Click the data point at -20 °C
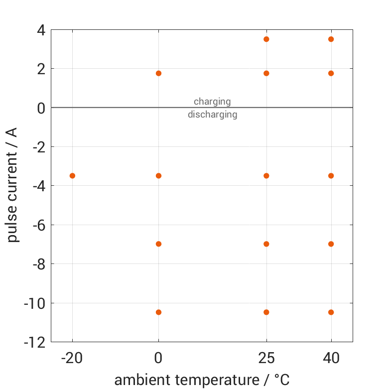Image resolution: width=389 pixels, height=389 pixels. [x=72, y=176]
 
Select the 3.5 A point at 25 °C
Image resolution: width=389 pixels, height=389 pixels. [x=266, y=39]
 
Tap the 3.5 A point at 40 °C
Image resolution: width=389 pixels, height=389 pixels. [x=331, y=39]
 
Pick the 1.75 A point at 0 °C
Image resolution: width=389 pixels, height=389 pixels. [x=158, y=73]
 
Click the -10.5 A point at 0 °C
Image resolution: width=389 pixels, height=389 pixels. [x=158, y=312]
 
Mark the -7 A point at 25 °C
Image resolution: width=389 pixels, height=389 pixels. [x=266, y=244]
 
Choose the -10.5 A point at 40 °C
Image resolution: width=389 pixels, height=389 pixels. [x=331, y=312]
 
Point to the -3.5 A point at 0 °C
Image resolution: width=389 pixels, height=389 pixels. [x=158, y=176]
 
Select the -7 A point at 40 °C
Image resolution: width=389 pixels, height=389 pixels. [x=331, y=244]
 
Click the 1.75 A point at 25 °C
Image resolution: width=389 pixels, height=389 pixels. [x=266, y=73]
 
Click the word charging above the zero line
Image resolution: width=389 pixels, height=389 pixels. [x=212, y=102]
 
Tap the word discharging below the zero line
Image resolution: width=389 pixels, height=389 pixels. [x=212, y=115]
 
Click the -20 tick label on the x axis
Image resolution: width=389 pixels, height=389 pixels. [x=72, y=358]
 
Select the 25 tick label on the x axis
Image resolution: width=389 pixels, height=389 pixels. [x=266, y=358]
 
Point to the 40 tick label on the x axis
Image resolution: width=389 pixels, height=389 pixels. [x=331, y=358]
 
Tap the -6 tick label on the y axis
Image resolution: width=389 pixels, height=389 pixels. [x=38, y=225]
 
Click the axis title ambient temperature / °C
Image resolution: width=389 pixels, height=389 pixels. [x=202, y=380]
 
